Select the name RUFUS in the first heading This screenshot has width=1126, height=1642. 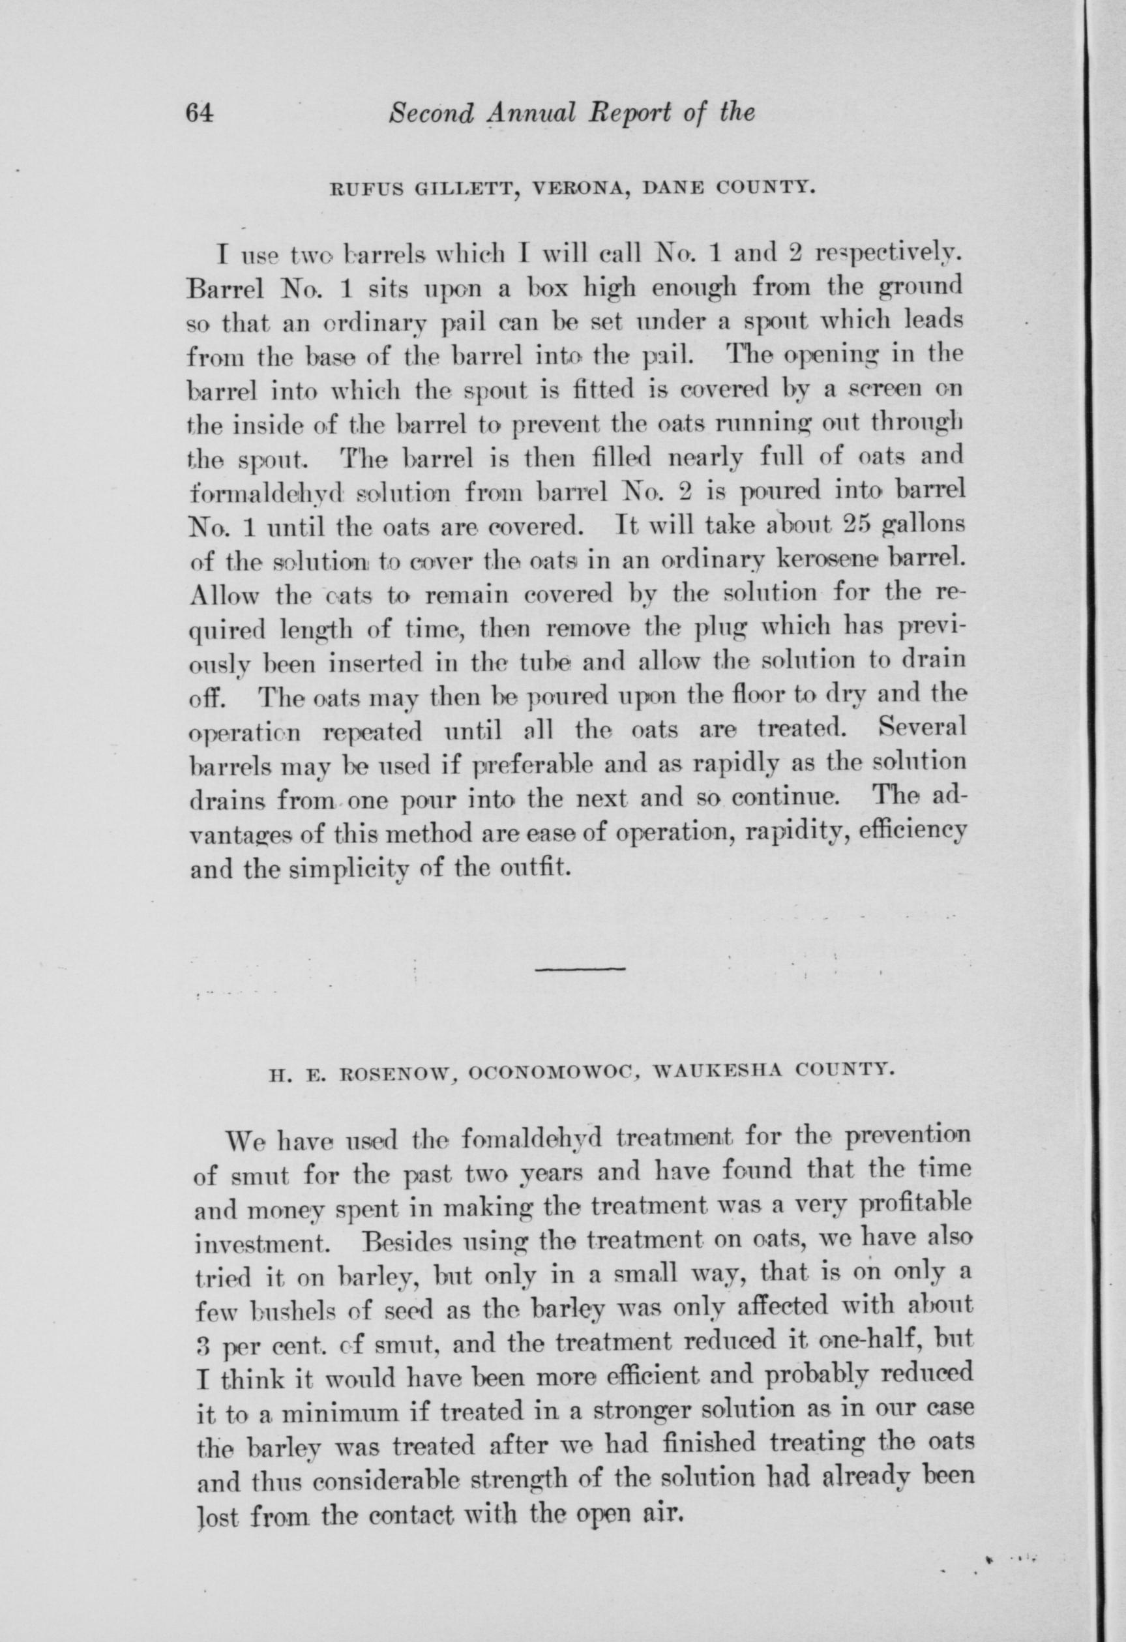[357, 188]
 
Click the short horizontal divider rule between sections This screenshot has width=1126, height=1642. [579, 968]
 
